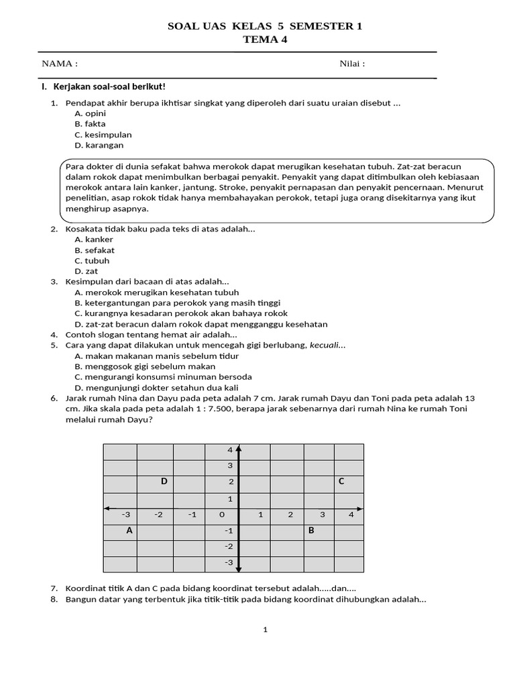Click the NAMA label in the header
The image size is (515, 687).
pos(60,64)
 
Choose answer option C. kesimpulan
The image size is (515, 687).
pos(103,134)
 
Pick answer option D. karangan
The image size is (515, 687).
pos(99,145)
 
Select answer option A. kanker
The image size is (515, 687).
pos(94,240)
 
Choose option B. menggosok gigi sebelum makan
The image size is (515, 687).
pos(145,366)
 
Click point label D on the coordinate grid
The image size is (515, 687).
pos(164,481)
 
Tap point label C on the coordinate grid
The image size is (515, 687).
pos(341,481)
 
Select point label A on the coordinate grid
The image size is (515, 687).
pos(129,531)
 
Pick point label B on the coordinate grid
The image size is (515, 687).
pos(310,531)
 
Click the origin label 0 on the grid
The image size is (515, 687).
pos(222,515)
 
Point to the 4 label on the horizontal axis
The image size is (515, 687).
pos(351,515)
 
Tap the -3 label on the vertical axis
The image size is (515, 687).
pos(229,562)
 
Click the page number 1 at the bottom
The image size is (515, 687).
pos(266,629)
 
